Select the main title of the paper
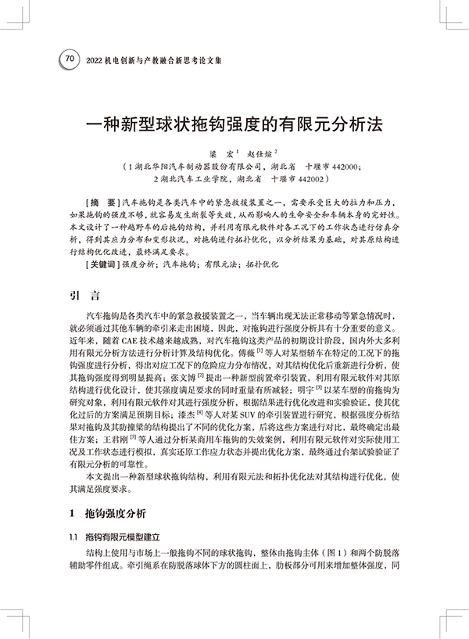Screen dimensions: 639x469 (x=234, y=124)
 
